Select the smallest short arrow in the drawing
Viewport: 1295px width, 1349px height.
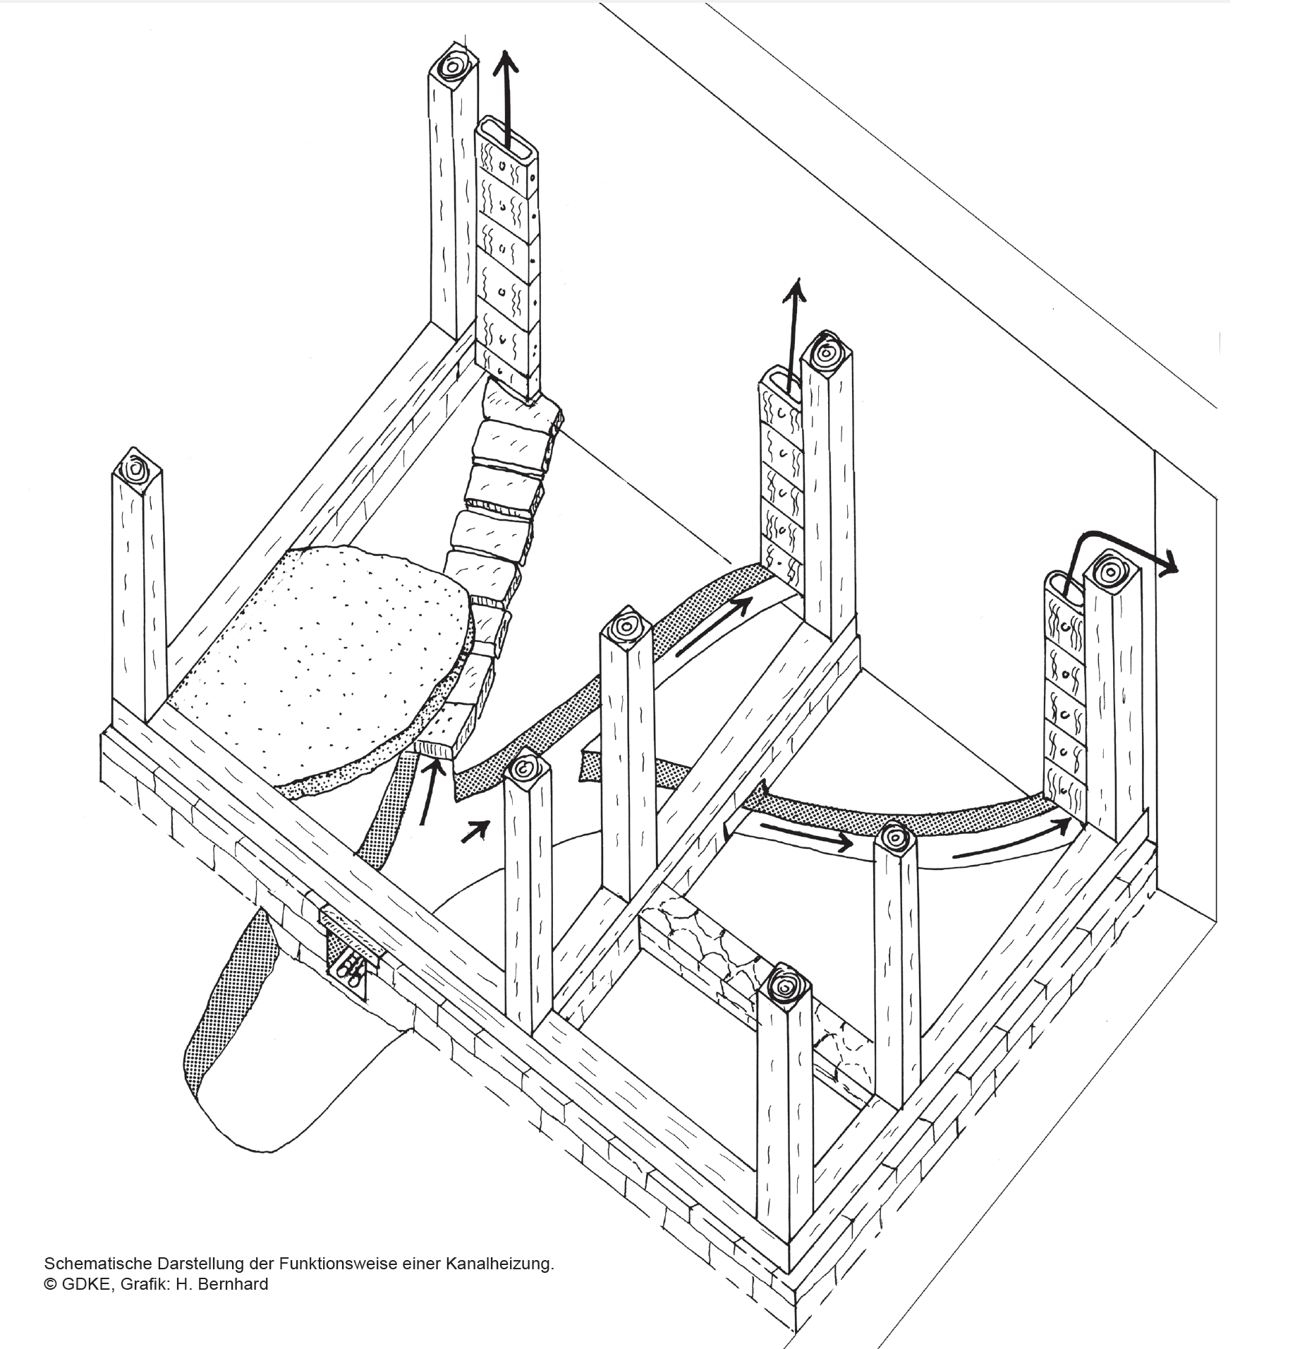(x=475, y=832)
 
